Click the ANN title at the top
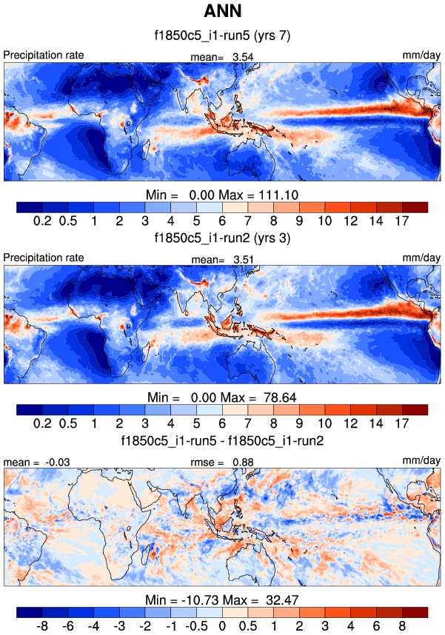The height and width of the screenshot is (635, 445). tap(222, 13)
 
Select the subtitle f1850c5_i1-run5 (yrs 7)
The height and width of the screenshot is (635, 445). tap(222, 36)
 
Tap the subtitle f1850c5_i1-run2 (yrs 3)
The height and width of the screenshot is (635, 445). tap(222, 238)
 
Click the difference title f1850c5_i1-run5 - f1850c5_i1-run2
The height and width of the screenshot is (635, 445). tap(222, 441)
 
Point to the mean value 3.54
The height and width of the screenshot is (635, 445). tap(244, 56)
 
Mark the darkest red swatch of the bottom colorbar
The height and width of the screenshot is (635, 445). tap(415, 612)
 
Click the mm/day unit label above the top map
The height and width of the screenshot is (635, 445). tap(424, 55)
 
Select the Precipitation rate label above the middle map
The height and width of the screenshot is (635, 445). tap(44, 258)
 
